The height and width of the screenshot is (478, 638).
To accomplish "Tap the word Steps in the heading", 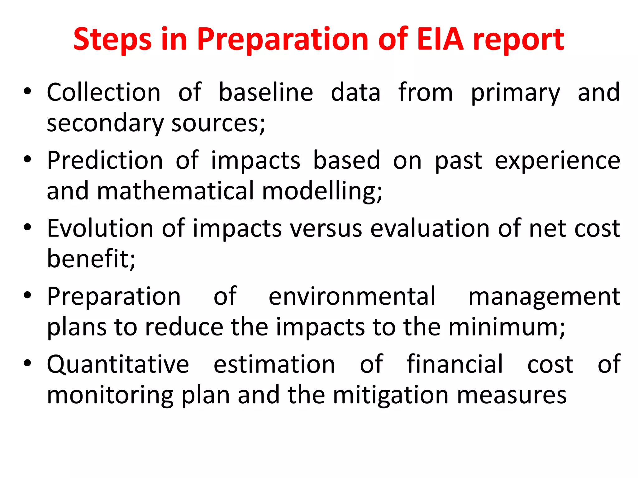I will (112, 40).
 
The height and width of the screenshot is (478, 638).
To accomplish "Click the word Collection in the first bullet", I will (103, 92).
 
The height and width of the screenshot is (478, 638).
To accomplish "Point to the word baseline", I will (266, 92).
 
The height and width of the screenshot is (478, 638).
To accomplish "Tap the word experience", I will (557, 161).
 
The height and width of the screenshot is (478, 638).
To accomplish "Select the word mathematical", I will (176, 191).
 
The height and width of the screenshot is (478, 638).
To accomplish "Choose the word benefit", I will (91, 259).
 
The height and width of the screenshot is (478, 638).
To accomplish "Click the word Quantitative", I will (118, 365).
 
